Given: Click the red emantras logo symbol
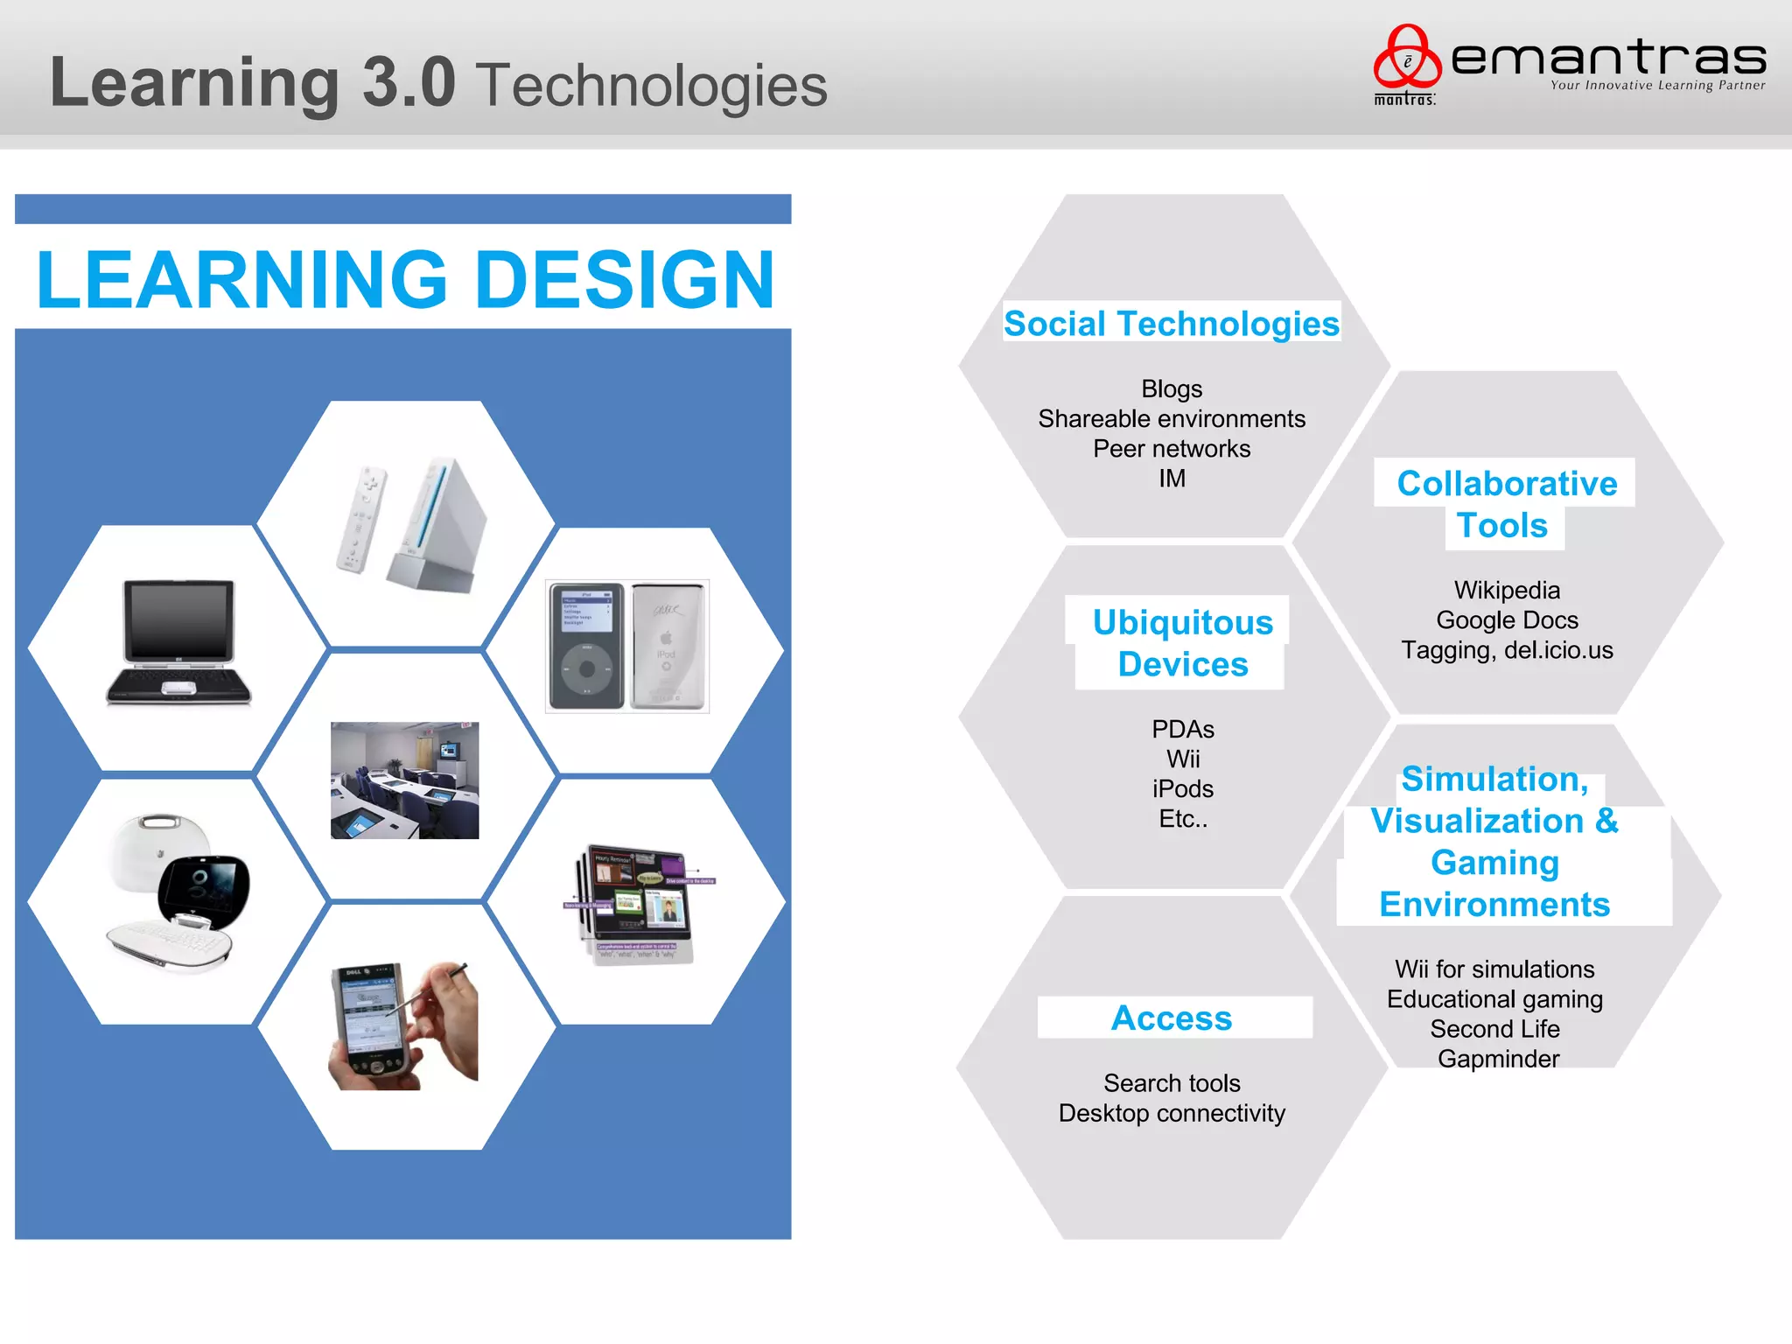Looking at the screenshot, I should pos(1406,58).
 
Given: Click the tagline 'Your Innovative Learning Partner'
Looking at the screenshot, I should pos(1657,86).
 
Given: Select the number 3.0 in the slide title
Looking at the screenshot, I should pos(409,83).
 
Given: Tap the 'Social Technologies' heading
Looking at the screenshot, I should pos(1171,324).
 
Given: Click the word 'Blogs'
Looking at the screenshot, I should pos(1172,388).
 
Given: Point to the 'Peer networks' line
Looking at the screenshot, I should pos(1172,449).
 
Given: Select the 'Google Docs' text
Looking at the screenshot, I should pos(1507,620).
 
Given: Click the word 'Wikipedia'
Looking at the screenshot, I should pos(1507,591).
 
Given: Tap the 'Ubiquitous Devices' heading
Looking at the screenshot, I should pos(1183,643).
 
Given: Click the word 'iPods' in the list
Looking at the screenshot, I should pos(1183,789).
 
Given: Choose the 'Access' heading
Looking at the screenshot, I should pos(1172,1018).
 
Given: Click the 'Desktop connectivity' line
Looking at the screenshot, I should pos(1172,1114).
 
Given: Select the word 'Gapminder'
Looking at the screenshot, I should pos(1498,1060).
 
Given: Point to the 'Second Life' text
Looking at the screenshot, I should pos(1494,1029).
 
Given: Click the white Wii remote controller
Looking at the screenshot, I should pos(360,519).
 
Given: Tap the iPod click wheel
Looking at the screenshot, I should pos(587,669).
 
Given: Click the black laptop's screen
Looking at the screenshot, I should pos(179,619).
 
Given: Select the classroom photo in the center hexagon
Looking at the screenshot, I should pos(404,780).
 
